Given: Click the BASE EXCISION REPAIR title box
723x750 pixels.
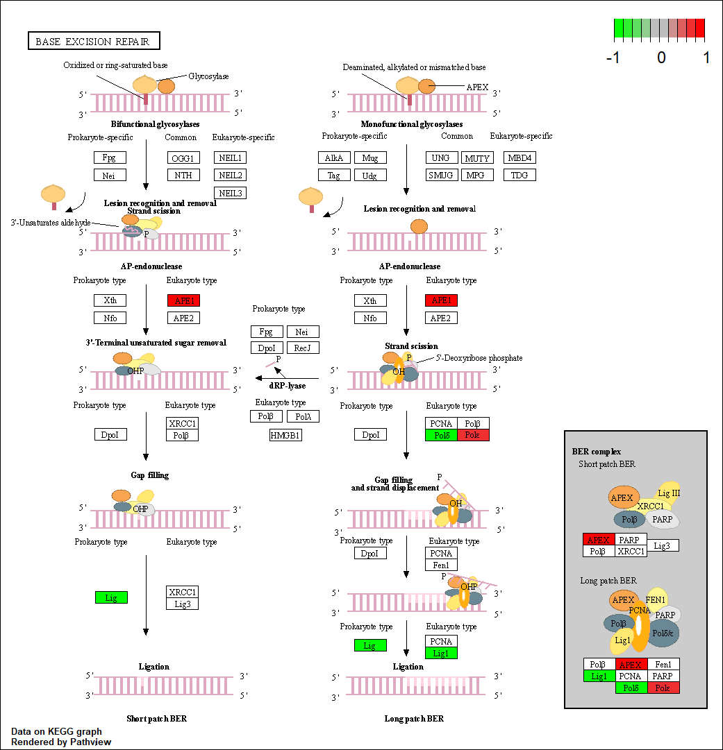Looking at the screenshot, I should coord(93,42).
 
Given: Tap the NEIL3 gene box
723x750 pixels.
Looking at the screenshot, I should coord(230,192).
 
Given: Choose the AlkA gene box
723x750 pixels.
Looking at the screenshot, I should coord(335,157).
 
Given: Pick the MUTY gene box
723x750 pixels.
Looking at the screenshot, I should coord(477,157).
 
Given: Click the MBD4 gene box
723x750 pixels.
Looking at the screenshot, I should coord(520,157).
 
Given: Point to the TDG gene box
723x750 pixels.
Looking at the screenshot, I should coord(520,175).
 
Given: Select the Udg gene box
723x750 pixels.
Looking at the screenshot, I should coord(369,175).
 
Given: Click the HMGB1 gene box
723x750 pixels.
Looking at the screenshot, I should coord(285,435).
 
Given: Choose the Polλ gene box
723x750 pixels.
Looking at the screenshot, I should coord(302,416).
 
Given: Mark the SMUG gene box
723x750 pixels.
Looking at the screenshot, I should coord(440,175).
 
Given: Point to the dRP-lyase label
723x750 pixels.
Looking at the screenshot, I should coord(287,386).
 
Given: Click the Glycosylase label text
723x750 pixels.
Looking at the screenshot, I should coord(208,76).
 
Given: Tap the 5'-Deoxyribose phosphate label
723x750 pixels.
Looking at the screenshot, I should coord(479,358).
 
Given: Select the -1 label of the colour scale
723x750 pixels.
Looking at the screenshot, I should coord(613,58).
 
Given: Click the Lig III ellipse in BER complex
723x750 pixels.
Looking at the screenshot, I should coord(670,493).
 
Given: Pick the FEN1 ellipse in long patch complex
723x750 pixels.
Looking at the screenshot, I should coord(656,599).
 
